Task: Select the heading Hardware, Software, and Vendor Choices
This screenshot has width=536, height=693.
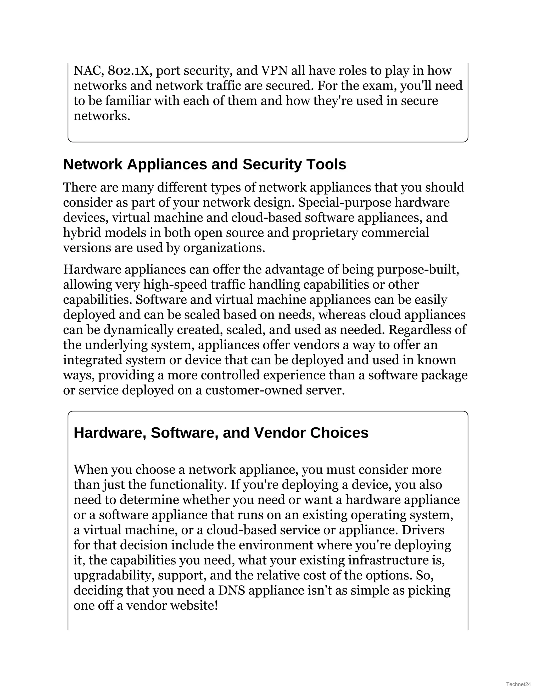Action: click(x=221, y=433)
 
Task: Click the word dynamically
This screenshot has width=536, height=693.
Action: click(x=138, y=330)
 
